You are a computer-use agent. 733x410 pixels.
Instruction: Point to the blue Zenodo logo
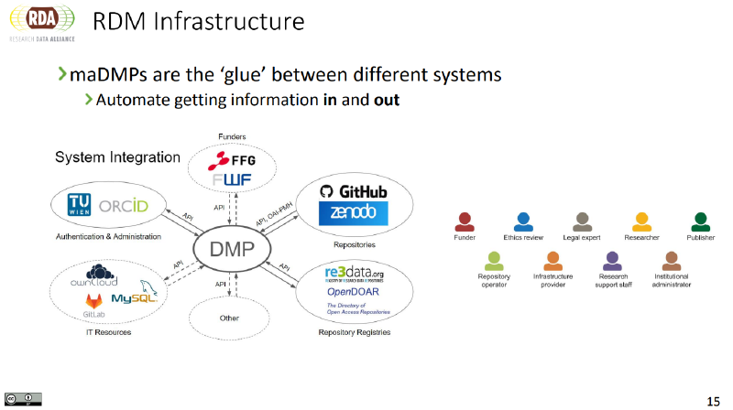point(354,214)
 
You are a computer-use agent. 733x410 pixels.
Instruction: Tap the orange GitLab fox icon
point(93,300)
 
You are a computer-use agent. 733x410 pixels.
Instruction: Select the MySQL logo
point(136,295)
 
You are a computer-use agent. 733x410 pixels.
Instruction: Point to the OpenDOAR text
point(354,291)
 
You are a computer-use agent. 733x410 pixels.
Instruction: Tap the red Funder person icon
point(465,221)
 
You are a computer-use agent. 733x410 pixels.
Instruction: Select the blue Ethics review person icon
point(523,221)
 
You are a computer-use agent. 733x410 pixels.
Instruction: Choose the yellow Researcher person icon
point(641,221)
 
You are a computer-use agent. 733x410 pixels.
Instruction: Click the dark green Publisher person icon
point(700,221)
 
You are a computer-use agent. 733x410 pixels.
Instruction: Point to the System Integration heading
point(117,157)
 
